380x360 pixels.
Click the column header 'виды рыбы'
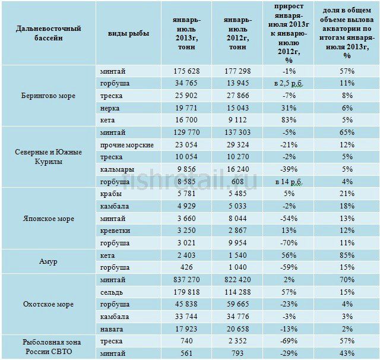(x=128, y=33)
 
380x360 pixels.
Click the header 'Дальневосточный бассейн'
(x=49, y=33)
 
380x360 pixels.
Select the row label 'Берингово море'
(x=47, y=96)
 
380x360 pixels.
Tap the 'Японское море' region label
(x=48, y=219)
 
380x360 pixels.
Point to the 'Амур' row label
(x=48, y=262)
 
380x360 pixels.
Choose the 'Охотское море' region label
(x=48, y=304)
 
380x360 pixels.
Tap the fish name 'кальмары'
(x=116, y=169)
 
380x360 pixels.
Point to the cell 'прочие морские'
(x=127, y=145)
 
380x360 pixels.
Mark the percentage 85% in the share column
(x=347, y=255)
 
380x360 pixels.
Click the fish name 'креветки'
(x=116, y=230)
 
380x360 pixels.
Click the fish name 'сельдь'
(x=113, y=292)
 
